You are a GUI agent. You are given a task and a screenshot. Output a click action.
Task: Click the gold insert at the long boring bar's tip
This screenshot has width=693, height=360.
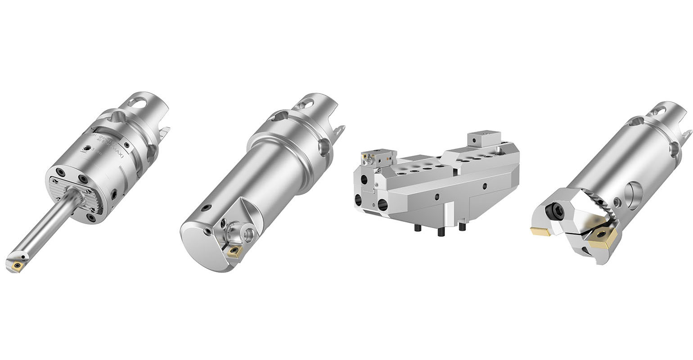pyautogui.click(x=18, y=266)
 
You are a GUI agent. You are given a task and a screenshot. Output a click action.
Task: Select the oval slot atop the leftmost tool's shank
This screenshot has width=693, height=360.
pyautogui.click(x=137, y=102)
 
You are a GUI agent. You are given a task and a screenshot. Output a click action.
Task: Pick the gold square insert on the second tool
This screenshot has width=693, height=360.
pyautogui.click(x=234, y=251)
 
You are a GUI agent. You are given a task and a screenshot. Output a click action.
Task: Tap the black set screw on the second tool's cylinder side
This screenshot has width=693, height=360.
pyautogui.click(x=206, y=208)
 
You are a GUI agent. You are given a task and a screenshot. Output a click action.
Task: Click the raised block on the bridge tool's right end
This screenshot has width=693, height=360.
pyautogui.click(x=484, y=138)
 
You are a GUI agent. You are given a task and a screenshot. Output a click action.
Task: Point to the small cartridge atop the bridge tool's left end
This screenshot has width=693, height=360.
pyautogui.click(x=377, y=158)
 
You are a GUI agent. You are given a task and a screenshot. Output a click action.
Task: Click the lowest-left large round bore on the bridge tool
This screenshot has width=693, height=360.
pyautogui.click(x=358, y=200)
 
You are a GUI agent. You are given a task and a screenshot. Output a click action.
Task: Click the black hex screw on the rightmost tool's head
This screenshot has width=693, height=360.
pyautogui.click(x=556, y=211)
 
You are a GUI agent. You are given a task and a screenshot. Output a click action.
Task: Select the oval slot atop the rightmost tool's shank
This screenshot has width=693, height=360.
pyautogui.click(x=658, y=111)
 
